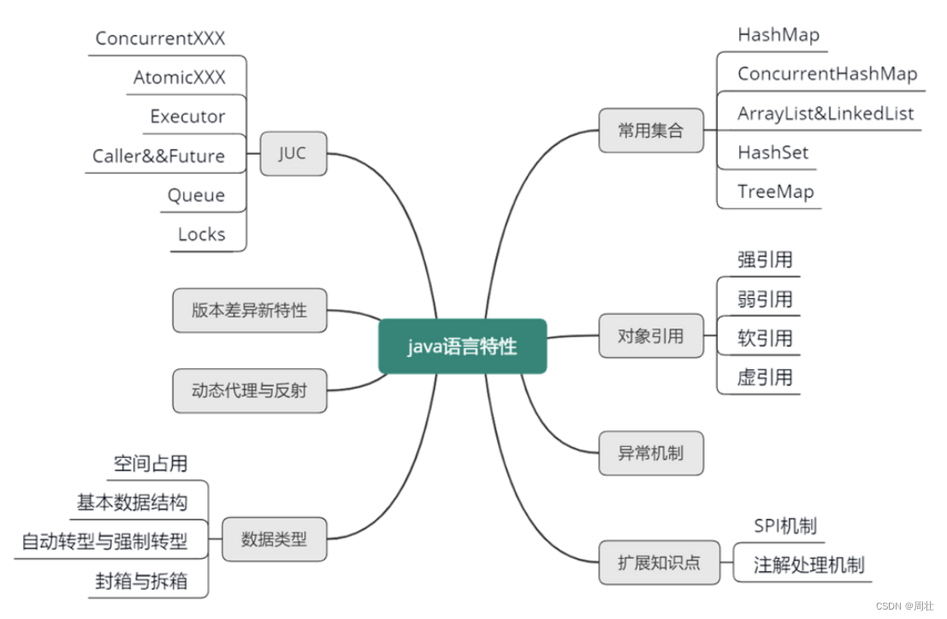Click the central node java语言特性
click(462, 347)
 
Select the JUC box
click(293, 154)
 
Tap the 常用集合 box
click(651, 131)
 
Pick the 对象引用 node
click(651, 336)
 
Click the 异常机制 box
click(651, 453)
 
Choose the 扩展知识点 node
click(659, 562)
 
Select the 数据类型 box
click(274, 539)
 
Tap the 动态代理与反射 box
click(249, 390)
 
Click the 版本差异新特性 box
click(249, 310)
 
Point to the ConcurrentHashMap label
click(826, 74)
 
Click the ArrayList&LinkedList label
click(826, 114)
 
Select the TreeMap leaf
click(775, 192)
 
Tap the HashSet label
click(772, 153)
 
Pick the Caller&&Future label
click(159, 156)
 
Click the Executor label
click(187, 116)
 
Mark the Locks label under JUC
click(201, 235)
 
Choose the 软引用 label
click(765, 338)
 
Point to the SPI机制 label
click(784, 526)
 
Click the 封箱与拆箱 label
click(140, 581)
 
